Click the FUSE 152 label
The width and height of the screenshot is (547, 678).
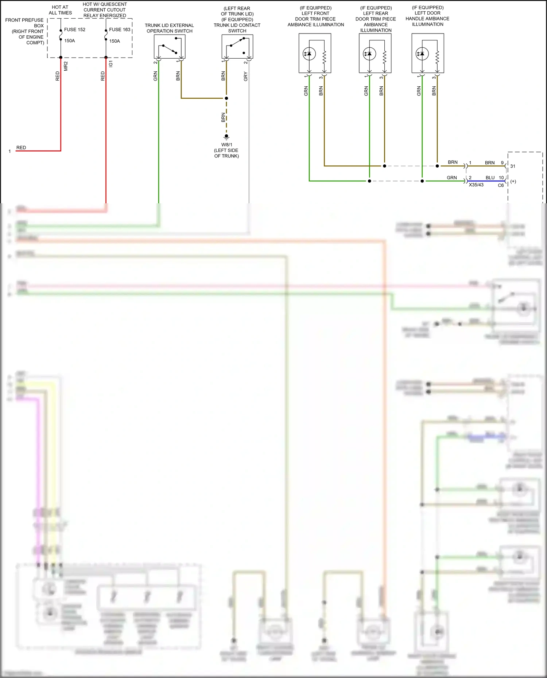(74, 30)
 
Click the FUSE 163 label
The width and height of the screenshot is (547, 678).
(120, 30)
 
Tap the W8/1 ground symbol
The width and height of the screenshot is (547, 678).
(226, 137)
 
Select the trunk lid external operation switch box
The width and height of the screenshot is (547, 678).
(170, 47)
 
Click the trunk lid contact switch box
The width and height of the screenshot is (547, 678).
(237, 47)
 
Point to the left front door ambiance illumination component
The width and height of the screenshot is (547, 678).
(315, 53)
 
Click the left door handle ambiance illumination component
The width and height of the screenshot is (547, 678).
(428, 53)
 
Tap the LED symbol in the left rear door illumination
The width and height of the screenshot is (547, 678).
(369, 54)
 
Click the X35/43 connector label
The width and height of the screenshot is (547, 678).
(476, 185)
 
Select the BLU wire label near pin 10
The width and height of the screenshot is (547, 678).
(490, 178)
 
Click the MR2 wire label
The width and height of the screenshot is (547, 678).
(66, 66)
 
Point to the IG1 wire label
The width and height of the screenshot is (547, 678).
(111, 64)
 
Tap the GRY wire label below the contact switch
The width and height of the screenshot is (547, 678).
(246, 77)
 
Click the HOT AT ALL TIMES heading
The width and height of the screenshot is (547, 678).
(60, 10)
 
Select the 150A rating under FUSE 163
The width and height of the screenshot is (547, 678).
(115, 41)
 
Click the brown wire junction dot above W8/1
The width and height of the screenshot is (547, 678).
(226, 98)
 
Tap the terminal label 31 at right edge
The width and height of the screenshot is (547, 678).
(513, 166)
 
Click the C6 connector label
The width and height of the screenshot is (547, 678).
(501, 185)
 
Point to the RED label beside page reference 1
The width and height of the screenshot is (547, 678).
(21, 148)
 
